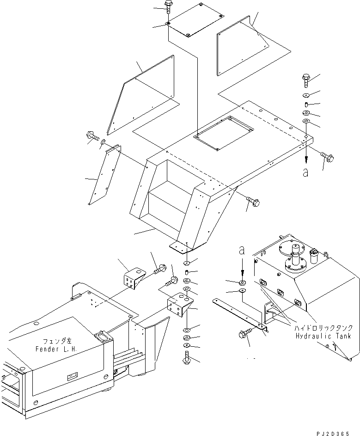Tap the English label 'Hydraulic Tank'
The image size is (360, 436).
pos(323,336)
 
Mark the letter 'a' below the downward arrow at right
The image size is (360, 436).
pos(305,172)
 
